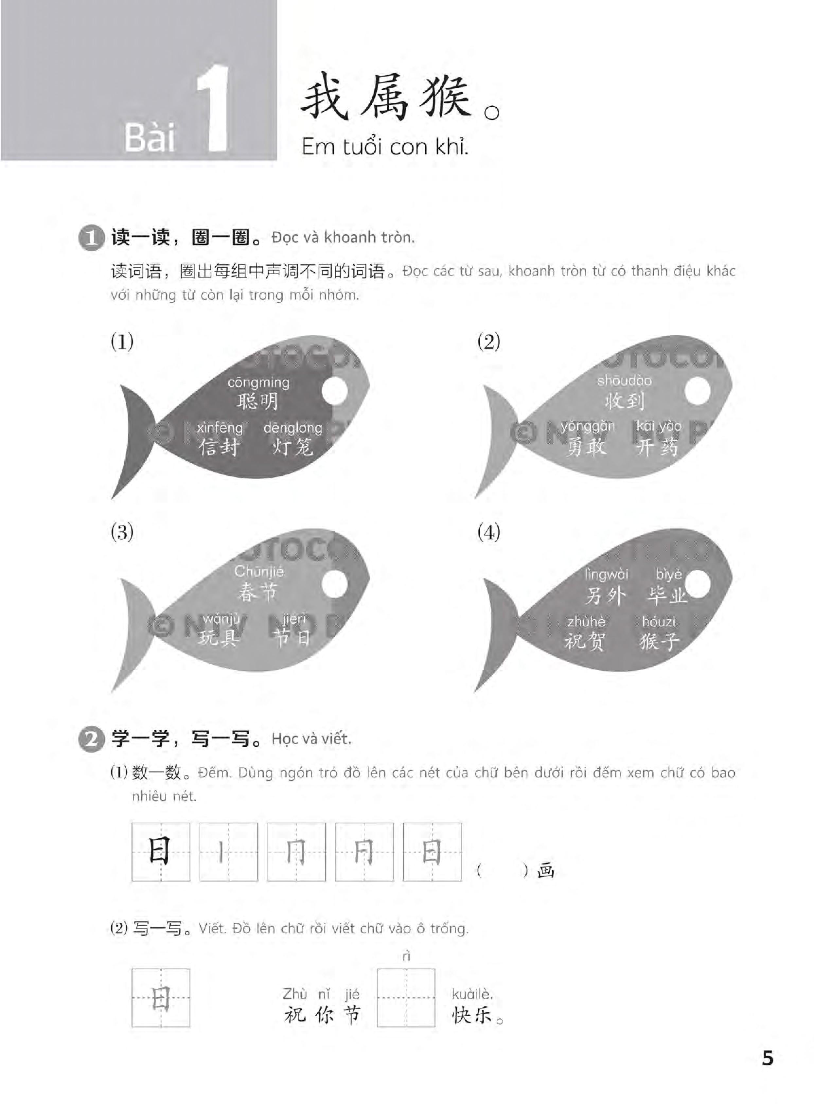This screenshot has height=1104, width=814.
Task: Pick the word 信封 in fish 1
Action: pos(219,447)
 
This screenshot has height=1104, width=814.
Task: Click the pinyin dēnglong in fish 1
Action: pos(293,428)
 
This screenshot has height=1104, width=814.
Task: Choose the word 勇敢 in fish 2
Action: pos(586,447)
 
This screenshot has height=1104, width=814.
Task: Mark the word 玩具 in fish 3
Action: pos(219,638)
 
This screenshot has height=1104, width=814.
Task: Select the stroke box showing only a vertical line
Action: pos(229,852)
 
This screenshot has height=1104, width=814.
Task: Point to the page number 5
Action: pos(767,1058)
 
